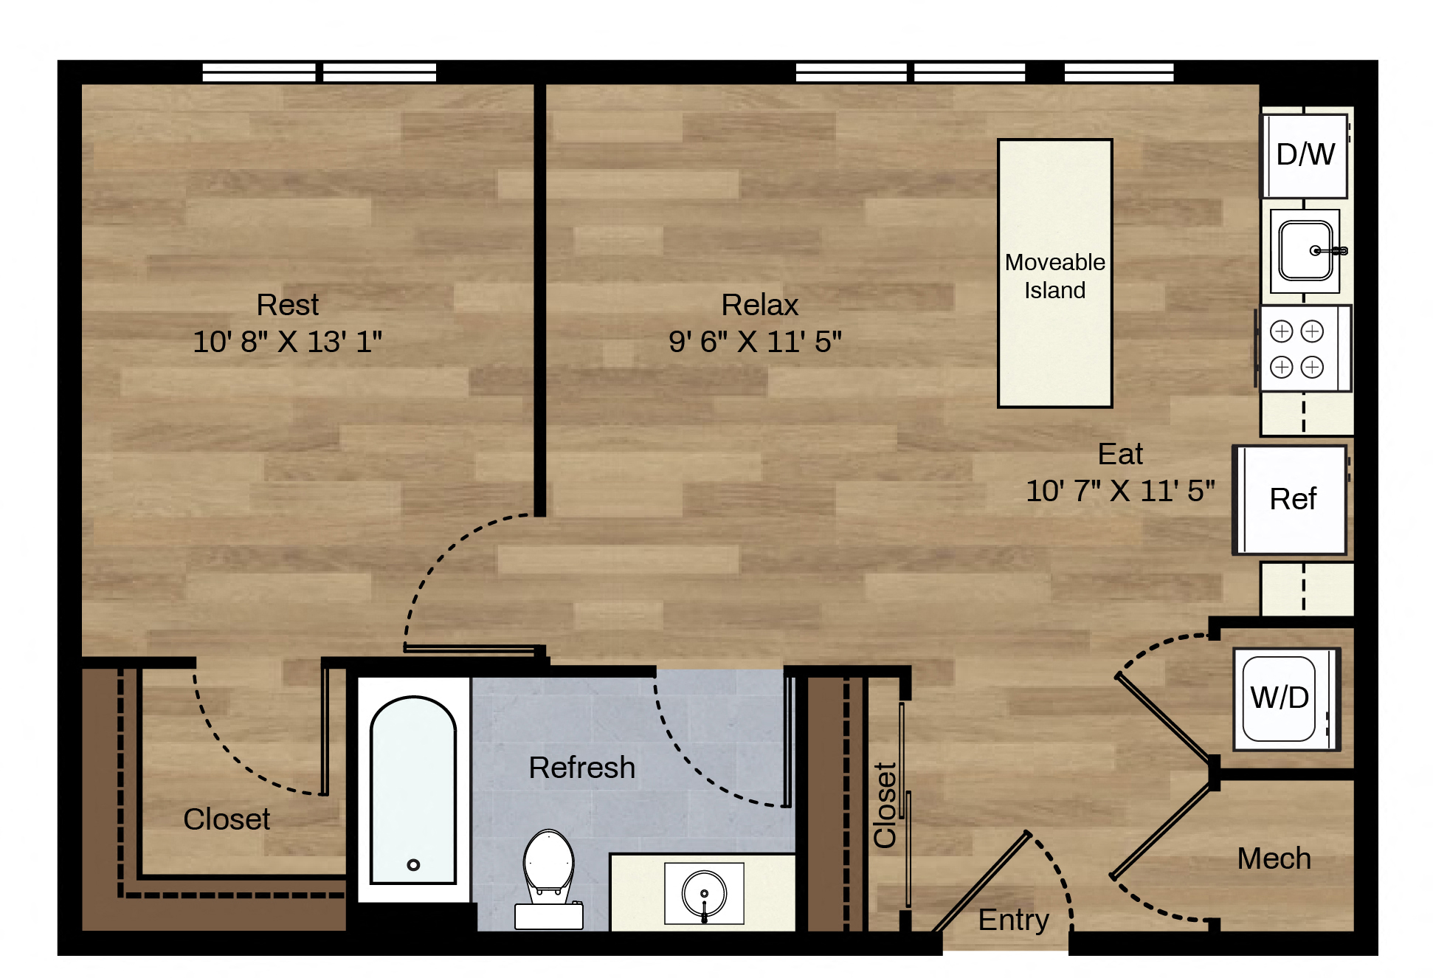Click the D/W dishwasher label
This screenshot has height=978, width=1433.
click(x=1305, y=154)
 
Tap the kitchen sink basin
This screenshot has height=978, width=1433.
click(x=1305, y=251)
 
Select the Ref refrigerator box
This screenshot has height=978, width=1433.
click(x=1291, y=500)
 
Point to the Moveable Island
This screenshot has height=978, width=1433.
click(x=1055, y=273)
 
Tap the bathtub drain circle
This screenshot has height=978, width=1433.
click(x=413, y=864)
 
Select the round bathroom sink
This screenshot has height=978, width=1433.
click(x=704, y=894)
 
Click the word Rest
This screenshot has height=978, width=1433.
click(x=288, y=305)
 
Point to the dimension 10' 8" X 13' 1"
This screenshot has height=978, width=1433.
click(x=288, y=342)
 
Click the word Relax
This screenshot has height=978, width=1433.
click(x=760, y=305)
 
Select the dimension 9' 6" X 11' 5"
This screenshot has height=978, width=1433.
click(x=756, y=342)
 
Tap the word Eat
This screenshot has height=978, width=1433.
click(x=1120, y=454)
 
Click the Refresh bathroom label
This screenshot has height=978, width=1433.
click(x=582, y=768)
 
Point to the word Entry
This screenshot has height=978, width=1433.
click(x=1014, y=920)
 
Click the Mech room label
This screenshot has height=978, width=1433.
click(x=1274, y=858)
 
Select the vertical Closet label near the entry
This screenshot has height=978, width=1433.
click(x=885, y=805)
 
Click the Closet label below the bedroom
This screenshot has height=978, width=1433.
click(x=227, y=819)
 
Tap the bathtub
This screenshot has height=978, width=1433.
click(x=413, y=790)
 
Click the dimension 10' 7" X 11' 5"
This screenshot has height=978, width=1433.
click(x=1120, y=491)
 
